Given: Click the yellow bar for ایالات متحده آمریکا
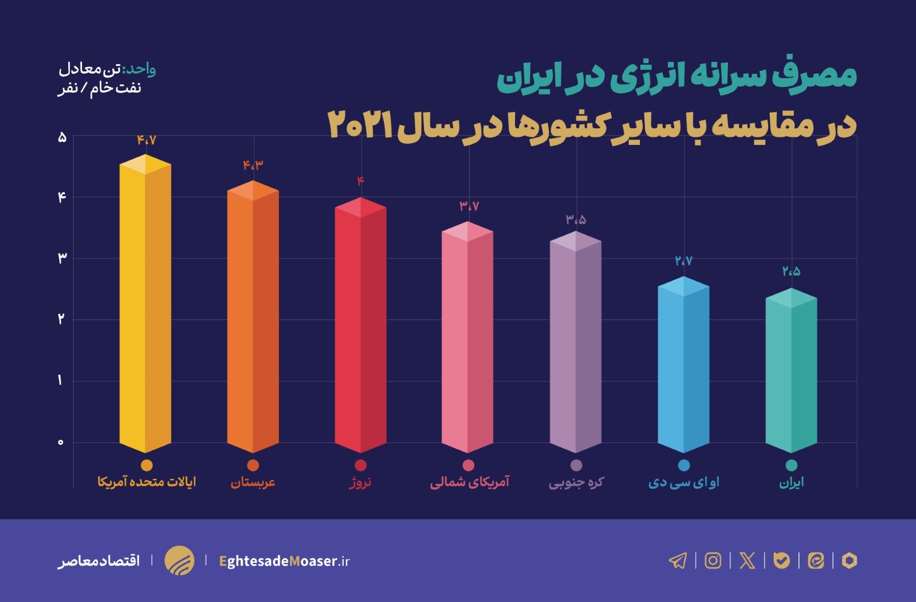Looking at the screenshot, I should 145,307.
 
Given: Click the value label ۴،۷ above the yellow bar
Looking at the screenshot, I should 146,140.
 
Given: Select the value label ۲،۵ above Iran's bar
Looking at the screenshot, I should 791,271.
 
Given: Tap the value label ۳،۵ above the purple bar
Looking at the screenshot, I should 576,220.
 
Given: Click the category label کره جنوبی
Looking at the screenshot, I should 576,482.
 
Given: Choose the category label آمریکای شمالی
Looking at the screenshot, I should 469,482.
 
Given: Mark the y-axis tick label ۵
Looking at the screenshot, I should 61,137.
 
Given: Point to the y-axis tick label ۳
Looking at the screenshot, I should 61,258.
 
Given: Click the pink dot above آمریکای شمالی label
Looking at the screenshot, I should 469,465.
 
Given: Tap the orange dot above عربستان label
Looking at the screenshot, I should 253,465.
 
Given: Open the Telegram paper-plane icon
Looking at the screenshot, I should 678,560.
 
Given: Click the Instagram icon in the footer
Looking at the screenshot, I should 713,560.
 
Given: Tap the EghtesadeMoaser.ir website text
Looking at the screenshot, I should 284,561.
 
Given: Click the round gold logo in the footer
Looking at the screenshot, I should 179,560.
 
